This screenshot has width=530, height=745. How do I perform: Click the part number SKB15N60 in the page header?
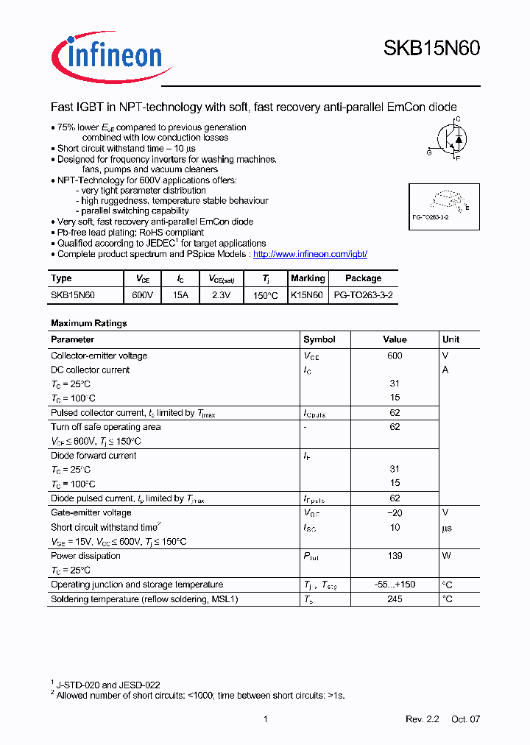click(431, 49)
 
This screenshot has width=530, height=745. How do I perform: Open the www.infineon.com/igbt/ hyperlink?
click(310, 254)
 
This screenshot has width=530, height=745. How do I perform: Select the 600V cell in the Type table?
click(143, 295)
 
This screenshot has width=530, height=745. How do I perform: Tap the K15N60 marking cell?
click(307, 295)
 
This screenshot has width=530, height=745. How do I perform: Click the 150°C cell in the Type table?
click(265, 295)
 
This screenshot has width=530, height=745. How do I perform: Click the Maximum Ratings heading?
click(88, 323)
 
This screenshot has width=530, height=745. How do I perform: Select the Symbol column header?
click(319, 339)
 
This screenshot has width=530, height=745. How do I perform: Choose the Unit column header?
click(451, 339)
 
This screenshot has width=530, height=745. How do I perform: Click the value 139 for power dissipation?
click(395, 556)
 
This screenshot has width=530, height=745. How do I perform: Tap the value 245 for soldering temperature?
click(395, 599)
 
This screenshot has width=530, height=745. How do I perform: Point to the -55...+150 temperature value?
click(395, 585)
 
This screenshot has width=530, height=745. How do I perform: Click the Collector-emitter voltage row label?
click(99, 356)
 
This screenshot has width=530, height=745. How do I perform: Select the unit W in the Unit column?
click(446, 556)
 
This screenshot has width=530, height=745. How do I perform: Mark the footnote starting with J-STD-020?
click(108, 685)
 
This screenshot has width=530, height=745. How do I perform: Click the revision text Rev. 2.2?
click(422, 719)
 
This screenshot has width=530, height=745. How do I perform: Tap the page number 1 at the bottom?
click(265, 719)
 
